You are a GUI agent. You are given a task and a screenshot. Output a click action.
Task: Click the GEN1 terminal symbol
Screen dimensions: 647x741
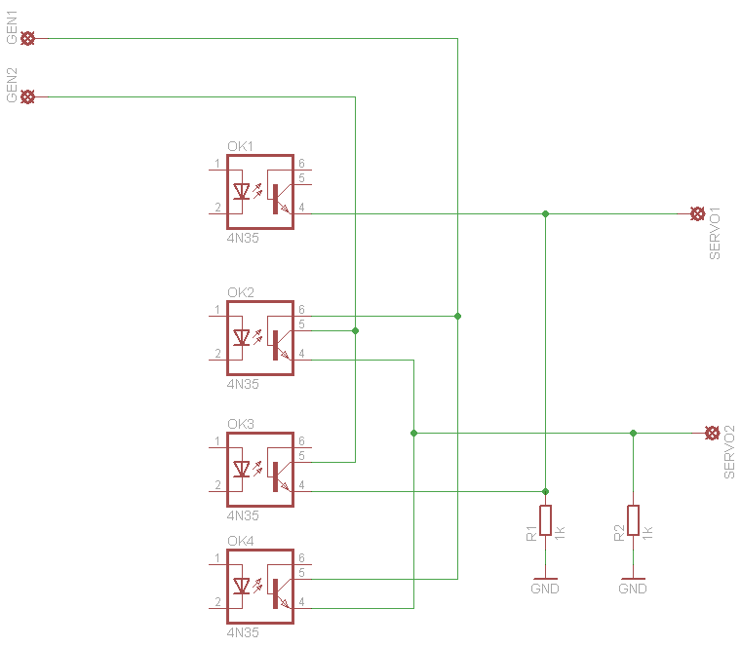coord(28,38)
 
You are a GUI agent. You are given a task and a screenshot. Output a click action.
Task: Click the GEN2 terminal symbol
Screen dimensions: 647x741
coord(28,96)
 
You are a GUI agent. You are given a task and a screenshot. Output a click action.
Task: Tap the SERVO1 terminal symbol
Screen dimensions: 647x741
coord(697,213)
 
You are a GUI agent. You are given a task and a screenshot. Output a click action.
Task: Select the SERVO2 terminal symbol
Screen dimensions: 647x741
coord(712,433)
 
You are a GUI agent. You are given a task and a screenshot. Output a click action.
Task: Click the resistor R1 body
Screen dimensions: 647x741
coord(546,520)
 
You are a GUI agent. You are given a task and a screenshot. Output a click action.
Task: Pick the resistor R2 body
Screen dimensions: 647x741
coord(634,520)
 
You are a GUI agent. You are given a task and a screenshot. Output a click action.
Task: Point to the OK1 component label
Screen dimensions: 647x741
coord(240,147)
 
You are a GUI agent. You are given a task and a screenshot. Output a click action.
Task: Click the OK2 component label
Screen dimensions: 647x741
coord(240,293)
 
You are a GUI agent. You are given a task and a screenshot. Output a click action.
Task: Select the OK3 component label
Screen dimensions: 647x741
coord(240,425)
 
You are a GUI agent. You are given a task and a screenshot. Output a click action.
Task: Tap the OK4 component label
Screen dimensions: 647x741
coord(240,542)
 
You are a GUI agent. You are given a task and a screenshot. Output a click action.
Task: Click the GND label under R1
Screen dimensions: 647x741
coord(545,589)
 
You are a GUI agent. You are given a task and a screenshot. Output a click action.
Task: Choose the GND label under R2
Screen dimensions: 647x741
coord(633,589)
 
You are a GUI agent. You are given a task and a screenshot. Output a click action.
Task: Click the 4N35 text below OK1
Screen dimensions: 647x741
coord(243,238)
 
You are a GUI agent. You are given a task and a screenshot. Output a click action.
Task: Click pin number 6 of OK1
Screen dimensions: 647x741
coord(302,164)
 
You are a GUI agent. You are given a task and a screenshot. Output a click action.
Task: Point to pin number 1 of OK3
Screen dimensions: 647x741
coord(215,441)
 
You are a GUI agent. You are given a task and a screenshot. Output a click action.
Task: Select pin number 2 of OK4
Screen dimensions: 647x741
coord(215,602)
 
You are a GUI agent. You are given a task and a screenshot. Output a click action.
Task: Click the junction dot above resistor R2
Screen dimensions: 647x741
coord(634,433)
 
